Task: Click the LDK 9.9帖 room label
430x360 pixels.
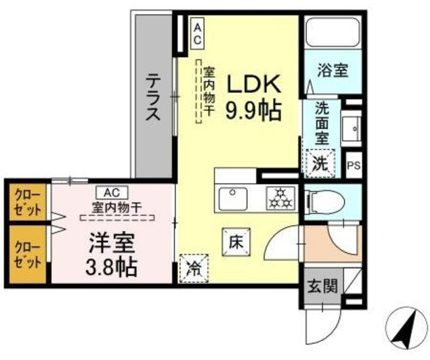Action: [x=253, y=97]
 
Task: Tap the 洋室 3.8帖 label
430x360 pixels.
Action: [x=112, y=255]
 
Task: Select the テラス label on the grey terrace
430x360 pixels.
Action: [x=153, y=97]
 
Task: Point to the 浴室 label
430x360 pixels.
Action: [x=333, y=71]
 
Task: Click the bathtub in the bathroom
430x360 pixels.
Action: [x=333, y=32]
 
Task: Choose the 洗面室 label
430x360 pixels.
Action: [x=322, y=122]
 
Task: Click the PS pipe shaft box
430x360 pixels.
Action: [x=354, y=165]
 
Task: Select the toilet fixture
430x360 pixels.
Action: [x=326, y=203]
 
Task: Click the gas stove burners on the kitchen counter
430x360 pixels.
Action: [x=280, y=198]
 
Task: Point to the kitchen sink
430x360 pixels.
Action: [x=233, y=198]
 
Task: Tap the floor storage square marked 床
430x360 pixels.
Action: [x=236, y=242]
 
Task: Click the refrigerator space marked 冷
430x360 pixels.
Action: [x=193, y=269]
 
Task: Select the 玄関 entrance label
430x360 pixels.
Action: [x=322, y=287]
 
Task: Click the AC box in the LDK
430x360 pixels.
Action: [x=198, y=34]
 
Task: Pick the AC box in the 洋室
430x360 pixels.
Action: [x=112, y=193]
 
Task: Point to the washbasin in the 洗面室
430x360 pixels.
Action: [x=351, y=128]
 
